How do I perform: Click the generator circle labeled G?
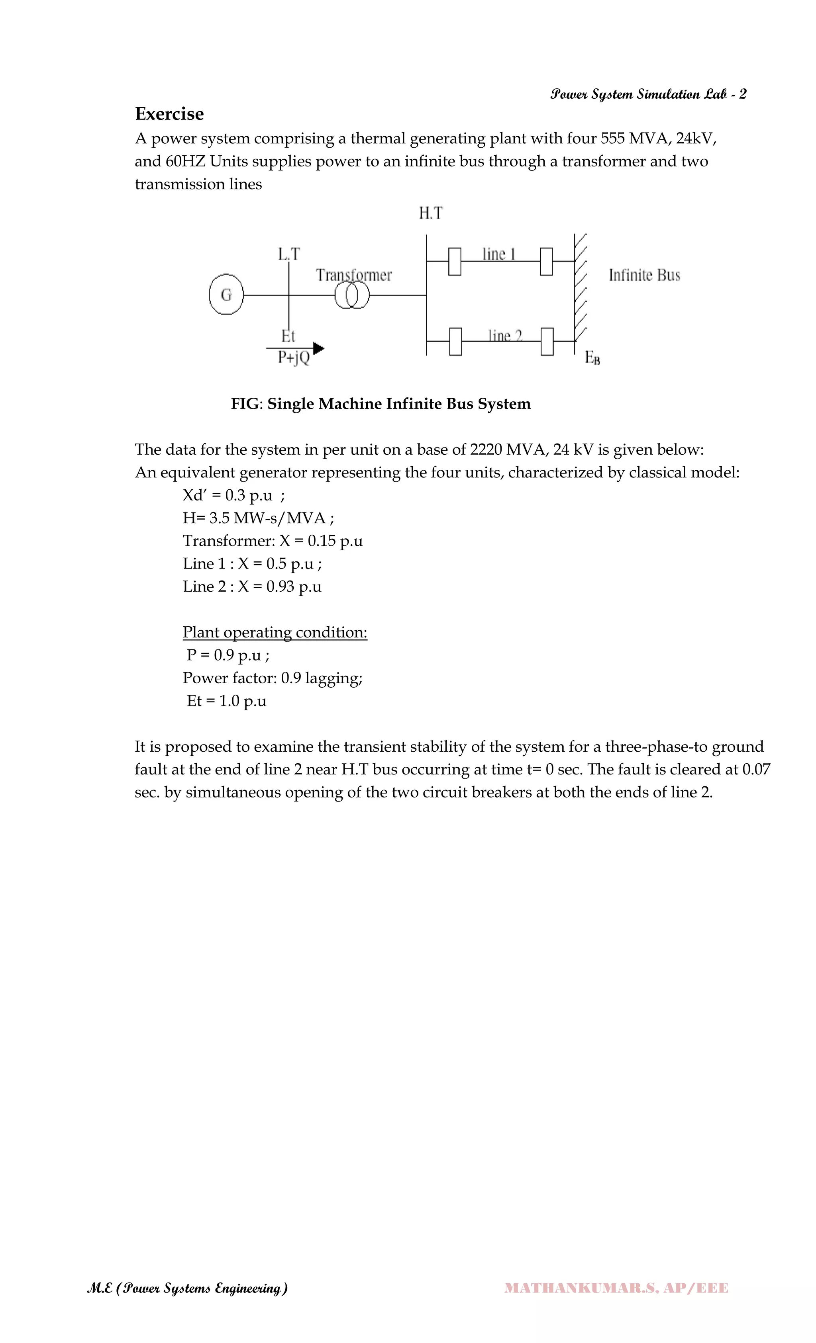[x=226, y=295]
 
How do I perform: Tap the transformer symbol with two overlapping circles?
[x=352, y=295]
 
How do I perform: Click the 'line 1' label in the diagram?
[x=498, y=254]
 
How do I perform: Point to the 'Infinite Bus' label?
[x=644, y=275]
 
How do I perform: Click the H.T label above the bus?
[x=430, y=213]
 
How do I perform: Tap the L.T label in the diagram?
[x=288, y=254]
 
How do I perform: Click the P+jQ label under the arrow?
[x=294, y=357]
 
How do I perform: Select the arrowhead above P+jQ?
[x=318, y=348]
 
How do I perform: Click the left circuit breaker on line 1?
[x=454, y=261]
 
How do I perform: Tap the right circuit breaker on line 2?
[x=547, y=341]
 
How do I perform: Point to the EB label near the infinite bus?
[x=592, y=358]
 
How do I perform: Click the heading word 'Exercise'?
[x=169, y=114]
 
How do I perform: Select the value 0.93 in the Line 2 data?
[x=280, y=586]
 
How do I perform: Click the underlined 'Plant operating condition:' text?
[x=275, y=632]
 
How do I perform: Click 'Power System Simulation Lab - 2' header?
[x=648, y=94]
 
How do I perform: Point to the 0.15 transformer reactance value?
[x=321, y=541]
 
